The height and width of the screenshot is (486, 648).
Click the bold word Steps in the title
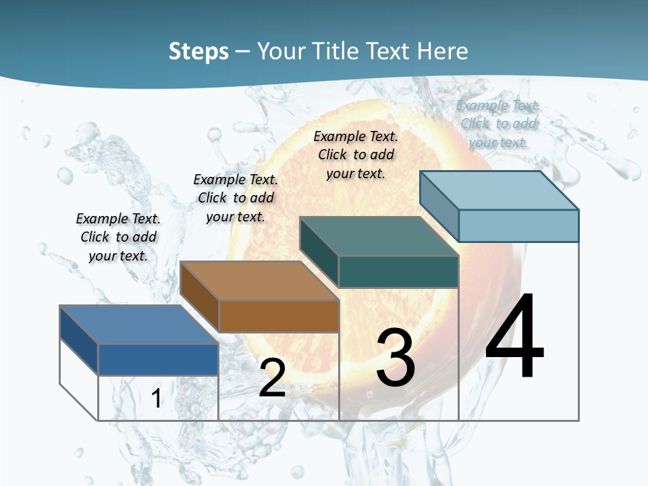pyautogui.click(x=198, y=51)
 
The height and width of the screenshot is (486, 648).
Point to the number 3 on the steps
pyautogui.click(x=396, y=358)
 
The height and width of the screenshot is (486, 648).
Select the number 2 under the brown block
pyautogui.click(x=272, y=378)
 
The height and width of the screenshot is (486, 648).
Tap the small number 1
pyautogui.click(x=156, y=398)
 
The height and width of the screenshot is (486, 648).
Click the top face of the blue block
pyautogui.click(x=138, y=325)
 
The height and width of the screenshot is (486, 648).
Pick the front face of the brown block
pyautogui.click(x=279, y=316)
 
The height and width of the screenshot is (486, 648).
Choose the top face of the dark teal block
pyautogui.click(x=378, y=236)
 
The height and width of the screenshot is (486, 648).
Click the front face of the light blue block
pyautogui.click(x=518, y=225)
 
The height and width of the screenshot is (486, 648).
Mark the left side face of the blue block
pyautogui.click(x=79, y=340)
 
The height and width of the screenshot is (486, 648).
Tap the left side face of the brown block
pyautogui.click(x=200, y=296)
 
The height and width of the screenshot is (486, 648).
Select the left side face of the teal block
pyautogui.click(x=319, y=251)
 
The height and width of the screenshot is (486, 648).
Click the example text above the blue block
pyautogui.click(x=118, y=237)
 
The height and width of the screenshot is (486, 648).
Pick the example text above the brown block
pyautogui.click(x=236, y=198)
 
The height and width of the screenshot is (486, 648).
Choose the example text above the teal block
pyautogui.click(x=356, y=155)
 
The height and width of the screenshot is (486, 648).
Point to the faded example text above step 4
pyautogui.click(x=498, y=124)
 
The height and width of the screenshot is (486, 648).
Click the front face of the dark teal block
pyautogui.click(x=398, y=272)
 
